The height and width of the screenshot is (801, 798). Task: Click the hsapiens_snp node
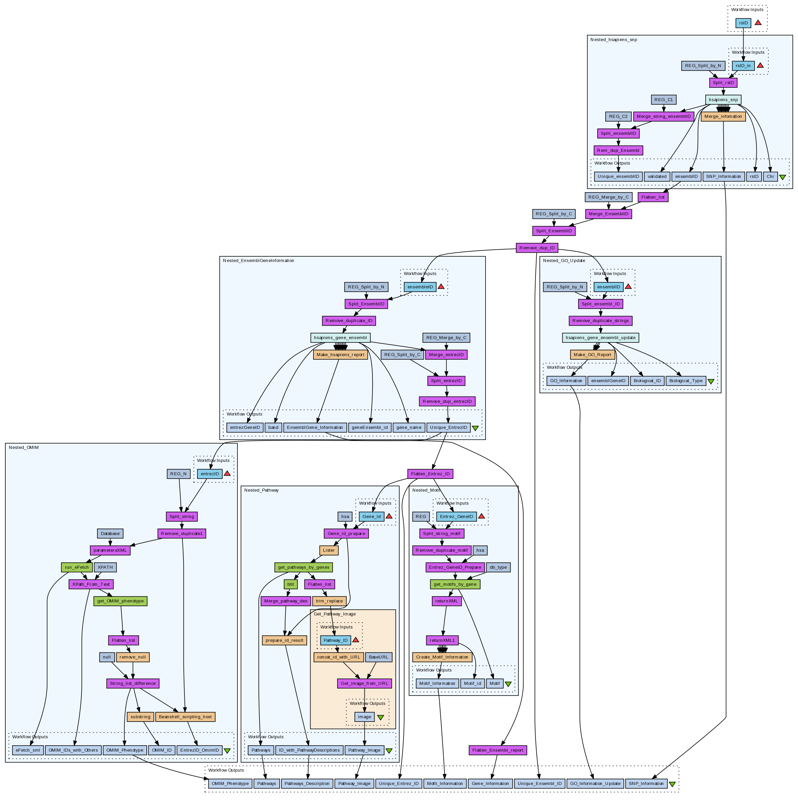723,99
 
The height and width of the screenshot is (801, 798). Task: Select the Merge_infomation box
723,116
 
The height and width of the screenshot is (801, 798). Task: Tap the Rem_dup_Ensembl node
618,151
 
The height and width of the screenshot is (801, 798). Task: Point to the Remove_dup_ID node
537,248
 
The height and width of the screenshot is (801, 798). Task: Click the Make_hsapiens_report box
340,354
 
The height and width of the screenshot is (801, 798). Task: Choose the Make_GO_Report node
592,354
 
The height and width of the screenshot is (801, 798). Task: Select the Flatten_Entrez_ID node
430,474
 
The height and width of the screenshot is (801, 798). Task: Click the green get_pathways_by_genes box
303,567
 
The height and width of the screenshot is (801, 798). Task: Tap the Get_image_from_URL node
364,683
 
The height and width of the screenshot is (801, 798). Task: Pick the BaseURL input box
378,657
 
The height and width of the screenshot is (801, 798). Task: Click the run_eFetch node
77,567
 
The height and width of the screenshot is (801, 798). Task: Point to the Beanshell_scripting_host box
185,717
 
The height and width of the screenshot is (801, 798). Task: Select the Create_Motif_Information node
442,657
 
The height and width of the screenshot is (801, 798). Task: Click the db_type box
498,567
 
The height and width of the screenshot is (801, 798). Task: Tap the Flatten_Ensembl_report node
498,750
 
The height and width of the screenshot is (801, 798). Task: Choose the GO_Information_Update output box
595,784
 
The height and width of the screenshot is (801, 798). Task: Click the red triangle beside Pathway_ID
355,640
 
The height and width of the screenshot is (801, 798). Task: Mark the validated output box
657,177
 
